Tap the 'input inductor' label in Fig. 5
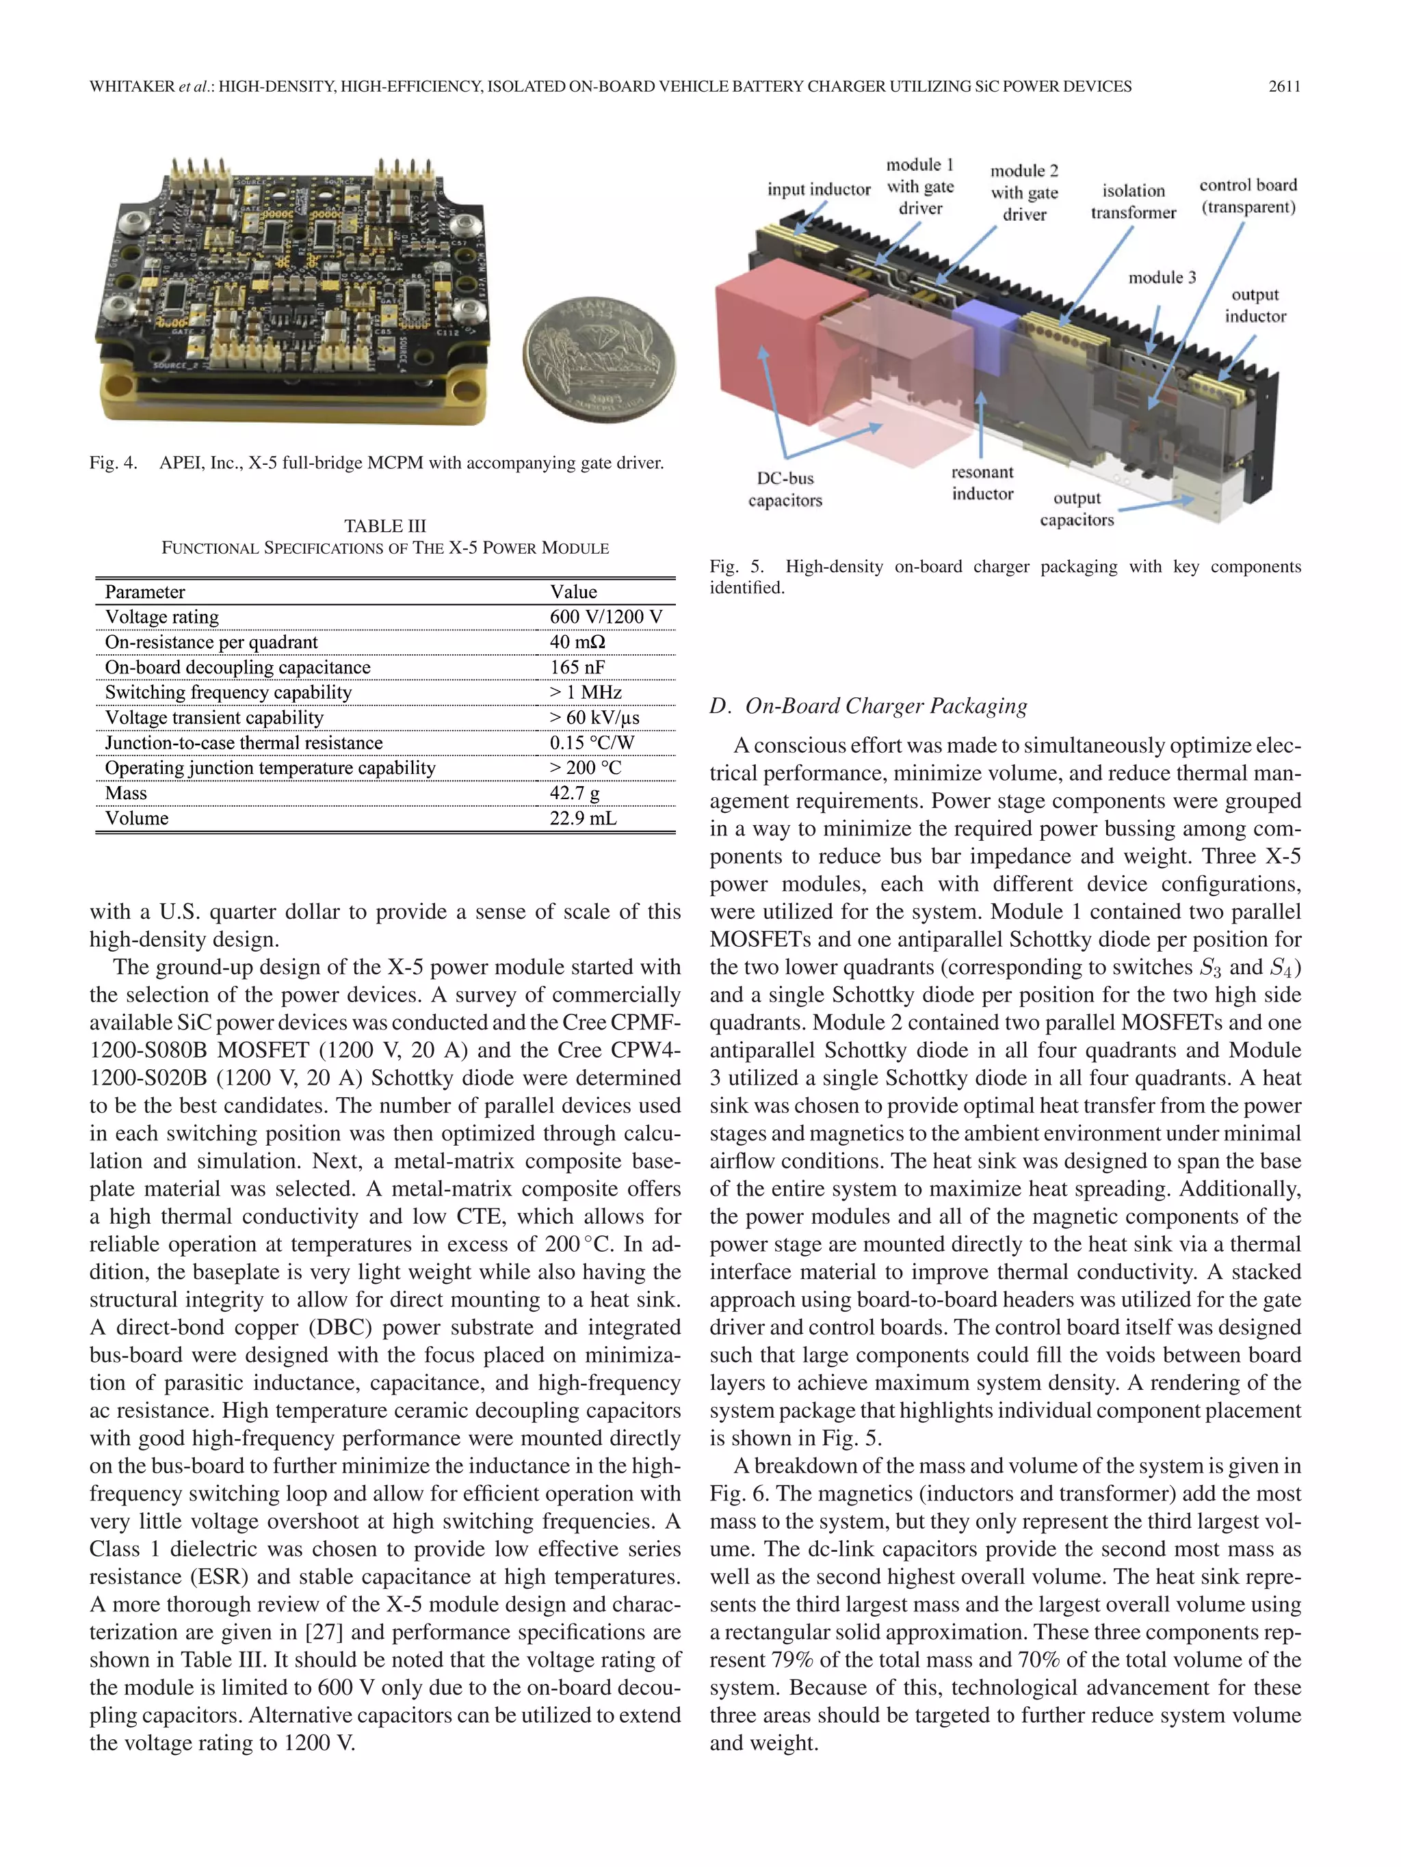[818, 189]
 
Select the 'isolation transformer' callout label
[1132, 202]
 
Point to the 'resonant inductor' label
[982, 483]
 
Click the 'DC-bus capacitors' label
[785, 489]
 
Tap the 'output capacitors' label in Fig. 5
[1077, 509]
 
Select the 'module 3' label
[1162, 278]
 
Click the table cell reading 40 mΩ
[577, 643]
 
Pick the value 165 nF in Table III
[577, 668]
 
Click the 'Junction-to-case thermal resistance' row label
[244, 742]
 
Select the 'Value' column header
[573, 591]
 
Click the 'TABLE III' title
[385, 526]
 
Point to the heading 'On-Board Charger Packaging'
[886, 706]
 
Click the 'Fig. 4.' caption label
[113, 463]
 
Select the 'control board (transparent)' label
[1247, 196]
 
